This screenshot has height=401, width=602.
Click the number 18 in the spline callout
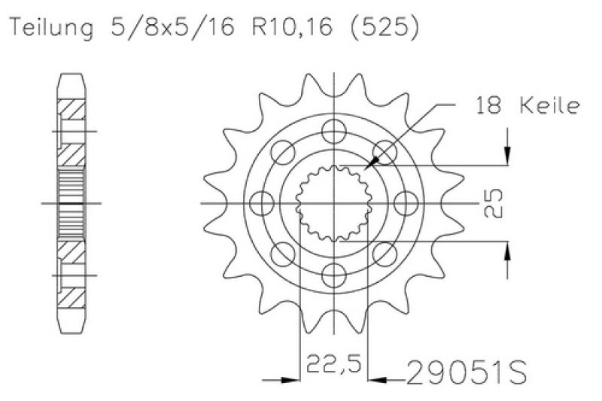tap(490, 107)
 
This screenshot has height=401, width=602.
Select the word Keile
tap(549, 107)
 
